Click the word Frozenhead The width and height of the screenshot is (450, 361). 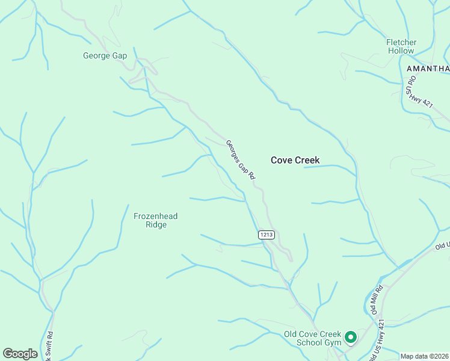[x=155, y=216]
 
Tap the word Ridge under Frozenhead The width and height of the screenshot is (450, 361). [x=155, y=225]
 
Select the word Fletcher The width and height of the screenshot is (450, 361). [x=401, y=42]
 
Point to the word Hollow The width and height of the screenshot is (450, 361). [x=401, y=51]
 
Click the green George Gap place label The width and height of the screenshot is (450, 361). [x=105, y=56]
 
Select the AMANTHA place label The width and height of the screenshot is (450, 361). [x=428, y=68]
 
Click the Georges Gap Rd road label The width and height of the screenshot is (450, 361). [x=241, y=160]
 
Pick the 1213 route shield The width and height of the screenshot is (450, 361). [x=268, y=235]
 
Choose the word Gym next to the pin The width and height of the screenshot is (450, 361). [x=333, y=343]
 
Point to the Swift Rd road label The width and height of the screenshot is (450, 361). [x=51, y=347]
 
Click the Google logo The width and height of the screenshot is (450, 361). [x=20, y=353]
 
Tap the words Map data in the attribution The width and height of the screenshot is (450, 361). [x=413, y=356]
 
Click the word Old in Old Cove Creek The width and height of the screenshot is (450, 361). [x=291, y=334]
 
